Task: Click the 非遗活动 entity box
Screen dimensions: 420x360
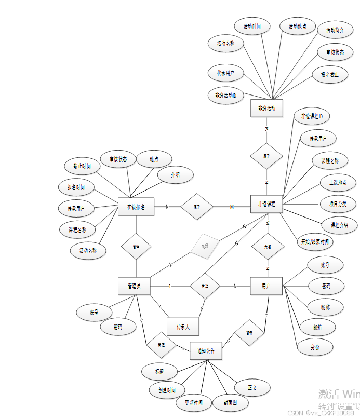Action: [266, 109]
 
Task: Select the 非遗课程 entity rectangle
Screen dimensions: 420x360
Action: [266, 205]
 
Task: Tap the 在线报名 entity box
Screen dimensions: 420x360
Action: [136, 207]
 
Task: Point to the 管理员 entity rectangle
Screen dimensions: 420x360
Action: [135, 286]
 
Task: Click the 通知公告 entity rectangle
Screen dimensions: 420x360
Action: [206, 351]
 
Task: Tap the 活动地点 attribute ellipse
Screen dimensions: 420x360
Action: [297, 26]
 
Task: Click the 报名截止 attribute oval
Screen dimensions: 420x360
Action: [330, 75]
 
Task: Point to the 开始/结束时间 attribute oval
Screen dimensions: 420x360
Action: [315, 242]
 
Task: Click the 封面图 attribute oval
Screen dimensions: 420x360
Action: [231, 402]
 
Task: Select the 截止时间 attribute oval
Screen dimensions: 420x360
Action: [82, 166]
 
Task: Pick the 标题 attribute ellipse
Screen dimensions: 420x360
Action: [159, 371]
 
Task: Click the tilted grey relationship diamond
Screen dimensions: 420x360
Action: [204, 246]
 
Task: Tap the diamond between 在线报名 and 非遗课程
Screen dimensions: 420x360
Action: [197, 207]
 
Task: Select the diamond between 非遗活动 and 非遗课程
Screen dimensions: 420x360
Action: [266, 156]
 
